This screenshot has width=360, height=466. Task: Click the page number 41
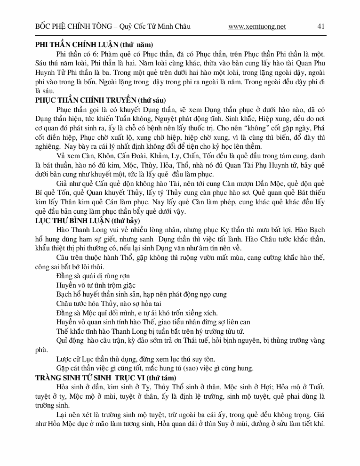click(x=321, y=26)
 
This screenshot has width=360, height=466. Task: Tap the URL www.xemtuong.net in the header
click(x=257, y=27)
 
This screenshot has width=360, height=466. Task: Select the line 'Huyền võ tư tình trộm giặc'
click(x=96, y=285)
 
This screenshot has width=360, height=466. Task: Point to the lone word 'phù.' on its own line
click(x=42, y=350)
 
